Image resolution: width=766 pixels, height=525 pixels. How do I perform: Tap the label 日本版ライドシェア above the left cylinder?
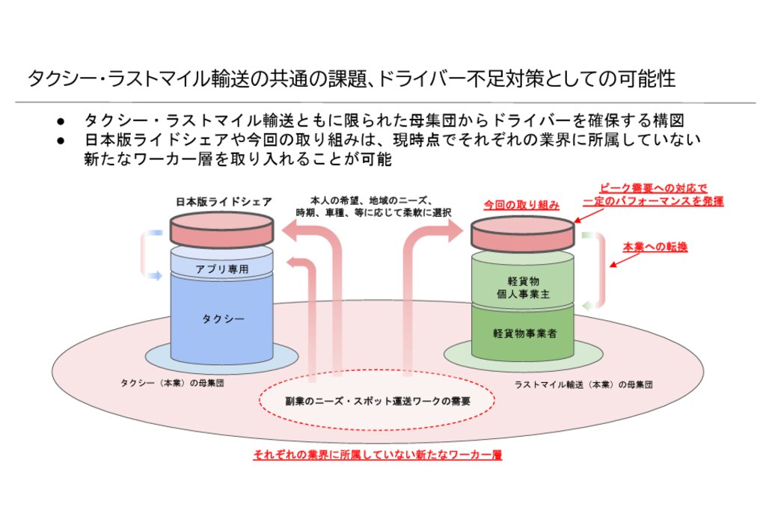click(x=223, y=202)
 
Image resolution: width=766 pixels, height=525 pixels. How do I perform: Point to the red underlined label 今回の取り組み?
click(x=521, y=205)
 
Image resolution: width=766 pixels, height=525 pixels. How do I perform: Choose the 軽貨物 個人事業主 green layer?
click(x=523, y=287)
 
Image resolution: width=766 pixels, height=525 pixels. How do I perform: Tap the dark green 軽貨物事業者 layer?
click(x=524, y=334)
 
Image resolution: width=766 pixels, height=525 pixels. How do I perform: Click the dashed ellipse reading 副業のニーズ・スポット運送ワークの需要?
click(x=378, y=400)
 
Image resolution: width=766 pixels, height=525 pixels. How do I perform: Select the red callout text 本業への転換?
click(x=655, y=247)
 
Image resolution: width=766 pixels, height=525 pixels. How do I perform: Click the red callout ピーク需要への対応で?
click(x=654, y=188)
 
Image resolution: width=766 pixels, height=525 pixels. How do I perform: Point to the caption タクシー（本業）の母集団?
click(x=172, y=383)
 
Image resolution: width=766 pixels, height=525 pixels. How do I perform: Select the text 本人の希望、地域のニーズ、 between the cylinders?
click(x=371, y=200)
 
